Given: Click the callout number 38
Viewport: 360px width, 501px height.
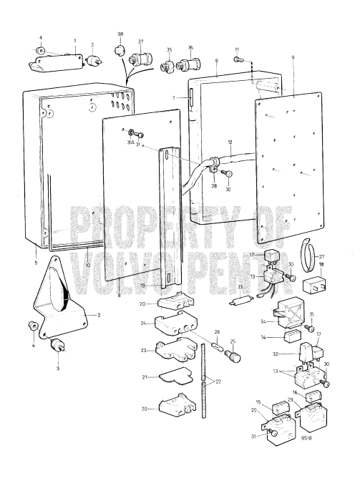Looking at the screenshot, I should (x=120, y=34).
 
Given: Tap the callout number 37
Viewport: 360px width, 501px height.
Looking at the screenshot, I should (x=141, y=42).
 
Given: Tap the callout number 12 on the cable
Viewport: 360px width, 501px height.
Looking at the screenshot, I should (x=230, y=144).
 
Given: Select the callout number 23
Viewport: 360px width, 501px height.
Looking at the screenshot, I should (x=144, y=351).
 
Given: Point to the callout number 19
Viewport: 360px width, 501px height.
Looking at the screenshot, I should (x=145, y=285).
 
